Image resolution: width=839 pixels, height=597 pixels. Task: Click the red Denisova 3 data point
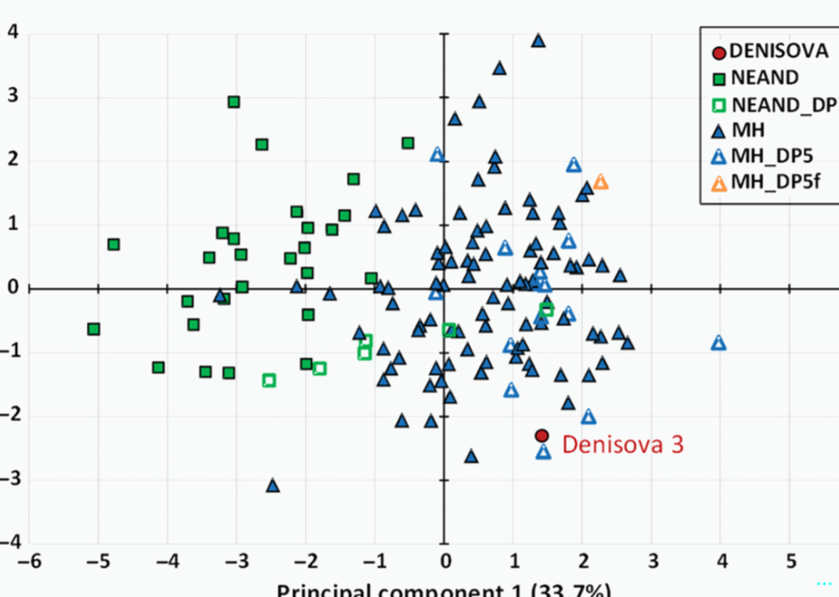coord(542,435)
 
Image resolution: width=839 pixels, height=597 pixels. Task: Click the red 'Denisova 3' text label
coord(622,444)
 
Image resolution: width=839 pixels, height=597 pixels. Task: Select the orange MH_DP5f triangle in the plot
coord(601,182)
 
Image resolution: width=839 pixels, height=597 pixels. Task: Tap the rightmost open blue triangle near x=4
coord(719,343)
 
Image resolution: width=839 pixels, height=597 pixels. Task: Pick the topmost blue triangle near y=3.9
coord(538,41)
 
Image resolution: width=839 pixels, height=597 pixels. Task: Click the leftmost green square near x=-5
coord(93,329)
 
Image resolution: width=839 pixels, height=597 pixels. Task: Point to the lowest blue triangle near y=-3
coord(272,486)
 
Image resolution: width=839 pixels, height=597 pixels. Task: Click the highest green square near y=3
coord(233,102)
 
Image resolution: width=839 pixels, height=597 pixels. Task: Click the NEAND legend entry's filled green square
coord(719,78)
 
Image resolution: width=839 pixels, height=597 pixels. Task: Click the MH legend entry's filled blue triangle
coord(719,130)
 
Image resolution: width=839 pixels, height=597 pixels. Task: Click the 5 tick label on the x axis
coord(790,561)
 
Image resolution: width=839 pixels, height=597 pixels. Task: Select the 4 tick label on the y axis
coord(12,32)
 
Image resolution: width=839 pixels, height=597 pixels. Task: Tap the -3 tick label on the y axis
coord(10,479)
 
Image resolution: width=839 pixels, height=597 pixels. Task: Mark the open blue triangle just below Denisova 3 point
coord(544,451)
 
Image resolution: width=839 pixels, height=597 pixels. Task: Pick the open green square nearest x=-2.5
coord(269,380)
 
